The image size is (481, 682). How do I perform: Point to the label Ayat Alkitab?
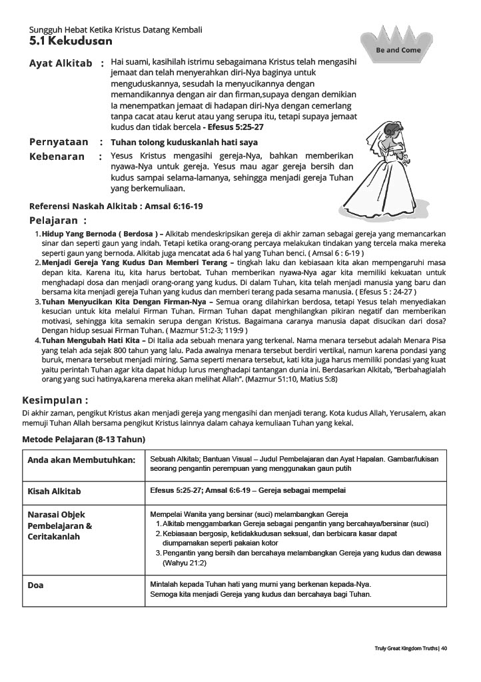coord(61,63)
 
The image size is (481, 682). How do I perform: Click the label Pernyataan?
coord(59,142)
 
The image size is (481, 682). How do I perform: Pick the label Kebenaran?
coord(57,157)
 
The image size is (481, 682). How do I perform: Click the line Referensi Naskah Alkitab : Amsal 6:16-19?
coord(116,206)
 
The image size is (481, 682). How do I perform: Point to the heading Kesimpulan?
coord(55,400)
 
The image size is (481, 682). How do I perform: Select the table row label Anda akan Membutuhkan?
coord(81,460)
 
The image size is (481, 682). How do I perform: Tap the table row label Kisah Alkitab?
coord(55,492)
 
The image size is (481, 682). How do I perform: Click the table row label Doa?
coord(35,585)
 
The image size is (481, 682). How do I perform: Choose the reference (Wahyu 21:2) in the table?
coord(185,563)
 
